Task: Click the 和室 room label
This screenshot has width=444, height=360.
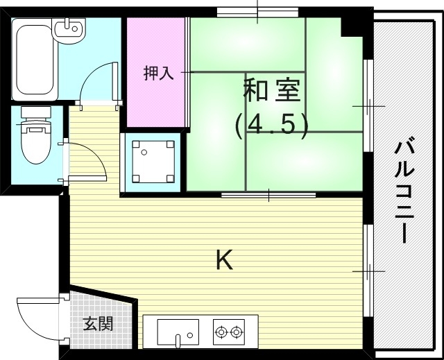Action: pos(271,91)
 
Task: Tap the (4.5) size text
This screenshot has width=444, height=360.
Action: pos(271,125)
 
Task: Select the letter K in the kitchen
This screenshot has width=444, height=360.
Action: pos(223,259)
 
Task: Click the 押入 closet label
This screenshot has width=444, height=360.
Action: pos(156,74)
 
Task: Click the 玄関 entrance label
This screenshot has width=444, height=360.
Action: pos(98,324)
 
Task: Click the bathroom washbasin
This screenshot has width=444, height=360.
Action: pos(69,30)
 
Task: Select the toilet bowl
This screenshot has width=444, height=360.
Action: pos(33,142)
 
